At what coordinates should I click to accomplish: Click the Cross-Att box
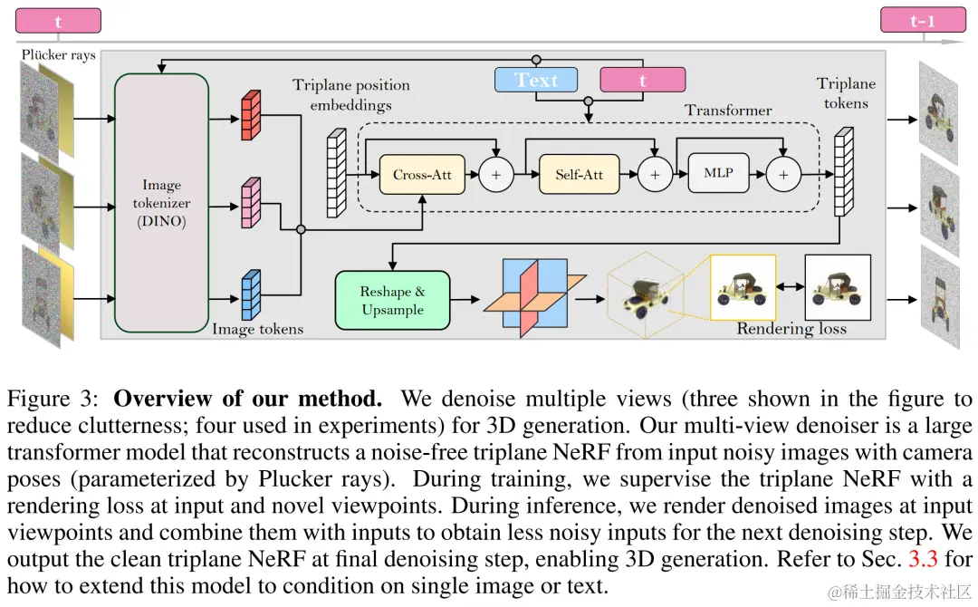(x=423, y=174)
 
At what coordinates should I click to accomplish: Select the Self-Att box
(x=580, y=174)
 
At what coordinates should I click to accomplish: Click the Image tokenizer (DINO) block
(x=162, y=203)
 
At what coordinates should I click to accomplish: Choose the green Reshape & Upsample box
(x=392, y=300)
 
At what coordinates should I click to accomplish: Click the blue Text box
(x=536, y=81)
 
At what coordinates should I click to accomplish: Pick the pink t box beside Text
(x=643, y=81)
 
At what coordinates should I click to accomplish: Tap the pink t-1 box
(x=922, y=20)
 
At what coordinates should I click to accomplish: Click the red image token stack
(x=250, y=116)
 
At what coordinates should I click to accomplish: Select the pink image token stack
(x=250, y=202)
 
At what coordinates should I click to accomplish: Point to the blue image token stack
(x=250, y=295)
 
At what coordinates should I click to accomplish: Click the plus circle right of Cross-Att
(x=496, y=174)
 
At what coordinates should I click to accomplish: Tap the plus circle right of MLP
(x=784, y=174)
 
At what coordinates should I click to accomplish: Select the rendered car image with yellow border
(x=743, y=287)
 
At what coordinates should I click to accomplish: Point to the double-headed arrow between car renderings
(x=791, y=287)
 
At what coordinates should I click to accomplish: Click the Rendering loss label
(x=791, y=328)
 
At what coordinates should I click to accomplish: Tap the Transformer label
(x=728, y=111)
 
